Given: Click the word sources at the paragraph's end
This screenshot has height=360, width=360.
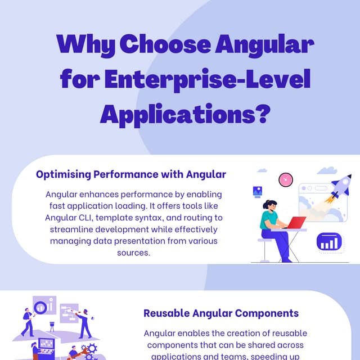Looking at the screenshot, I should click(133, 253).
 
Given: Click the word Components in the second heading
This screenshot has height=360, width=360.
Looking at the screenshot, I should click(267, 313).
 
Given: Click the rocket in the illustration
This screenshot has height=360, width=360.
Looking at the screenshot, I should click(339, 189).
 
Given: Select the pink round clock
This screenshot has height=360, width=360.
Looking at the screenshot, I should click(286, 179).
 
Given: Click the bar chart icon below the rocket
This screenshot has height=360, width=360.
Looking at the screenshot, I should click(330, 242).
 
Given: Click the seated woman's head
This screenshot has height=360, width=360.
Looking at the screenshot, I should click(269, 206).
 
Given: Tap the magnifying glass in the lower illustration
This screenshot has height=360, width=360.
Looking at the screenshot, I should click(40, 308).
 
